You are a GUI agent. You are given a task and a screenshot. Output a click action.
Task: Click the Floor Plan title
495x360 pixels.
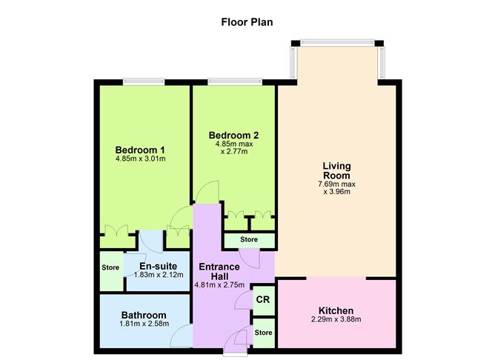click(247, 22)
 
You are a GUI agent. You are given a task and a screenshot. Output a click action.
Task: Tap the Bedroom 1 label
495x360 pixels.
click(140, 150)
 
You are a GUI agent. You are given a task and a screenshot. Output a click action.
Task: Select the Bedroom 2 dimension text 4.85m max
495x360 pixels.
click(234, 144)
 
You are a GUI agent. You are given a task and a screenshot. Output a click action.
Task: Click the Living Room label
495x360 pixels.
click(336, 170)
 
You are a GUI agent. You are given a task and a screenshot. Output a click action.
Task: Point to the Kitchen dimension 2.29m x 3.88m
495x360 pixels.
click(336, 319)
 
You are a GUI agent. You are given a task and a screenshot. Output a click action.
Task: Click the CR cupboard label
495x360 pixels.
click(263, 299)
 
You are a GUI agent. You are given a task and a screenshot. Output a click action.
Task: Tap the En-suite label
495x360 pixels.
click(158, 266)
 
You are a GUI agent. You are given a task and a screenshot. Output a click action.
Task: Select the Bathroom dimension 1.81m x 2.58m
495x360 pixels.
click(144, 324)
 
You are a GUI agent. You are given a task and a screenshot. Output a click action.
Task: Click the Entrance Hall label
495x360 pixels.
click(219, 272)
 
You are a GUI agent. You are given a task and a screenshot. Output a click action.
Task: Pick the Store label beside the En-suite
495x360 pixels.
click(110, 267)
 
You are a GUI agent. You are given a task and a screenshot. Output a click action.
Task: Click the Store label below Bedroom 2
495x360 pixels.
click(249, 239)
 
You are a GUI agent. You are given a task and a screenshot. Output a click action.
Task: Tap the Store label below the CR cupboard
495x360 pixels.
click(263, 333)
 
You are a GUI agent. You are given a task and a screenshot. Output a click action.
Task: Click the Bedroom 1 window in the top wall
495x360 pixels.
click(144, 82)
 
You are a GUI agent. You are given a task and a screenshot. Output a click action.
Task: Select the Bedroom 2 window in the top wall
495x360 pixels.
click(235, 82)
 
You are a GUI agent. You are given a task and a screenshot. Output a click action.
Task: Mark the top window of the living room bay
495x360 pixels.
click(337, 43)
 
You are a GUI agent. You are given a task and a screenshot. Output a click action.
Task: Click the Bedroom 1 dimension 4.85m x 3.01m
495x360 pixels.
click(141, 159)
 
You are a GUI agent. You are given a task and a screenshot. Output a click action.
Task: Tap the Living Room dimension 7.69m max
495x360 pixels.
click(337, 184)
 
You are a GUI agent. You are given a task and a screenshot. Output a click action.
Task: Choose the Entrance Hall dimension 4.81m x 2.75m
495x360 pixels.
click(219, 285)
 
